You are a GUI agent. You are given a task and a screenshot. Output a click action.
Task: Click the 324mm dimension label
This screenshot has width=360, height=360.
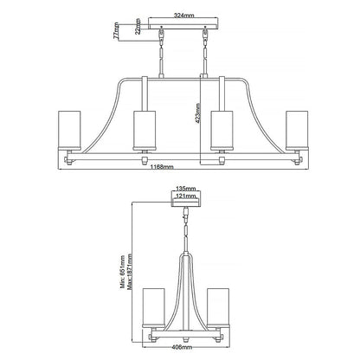[x=180, y=15]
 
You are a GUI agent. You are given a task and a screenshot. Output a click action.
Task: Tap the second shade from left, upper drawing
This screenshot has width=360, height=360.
[x=145, y=130]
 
